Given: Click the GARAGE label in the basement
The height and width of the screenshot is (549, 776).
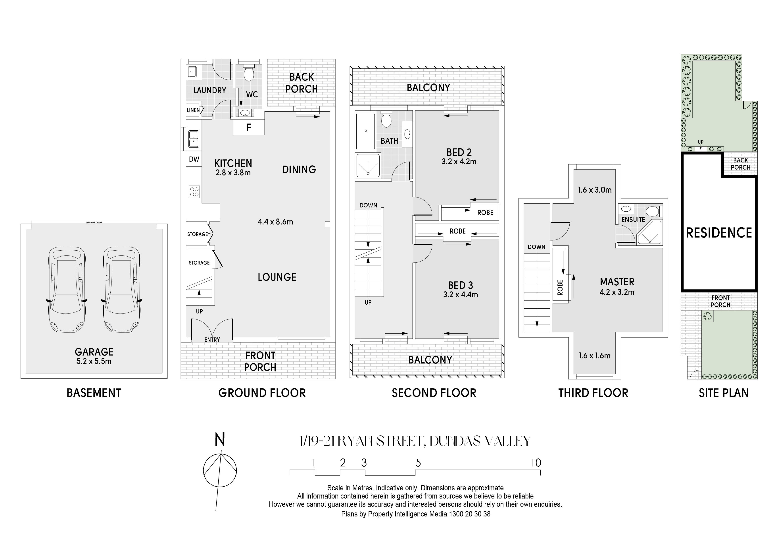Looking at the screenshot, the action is click(x=94, y=352).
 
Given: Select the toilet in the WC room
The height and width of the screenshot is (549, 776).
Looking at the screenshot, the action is click(x=249, y=73).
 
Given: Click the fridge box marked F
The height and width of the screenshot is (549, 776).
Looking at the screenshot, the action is click(x=249, y=127).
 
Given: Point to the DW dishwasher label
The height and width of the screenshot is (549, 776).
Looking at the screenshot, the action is click(x=194, y=159).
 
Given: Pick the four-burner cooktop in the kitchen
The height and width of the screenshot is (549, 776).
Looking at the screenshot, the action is click(x=194, y=192).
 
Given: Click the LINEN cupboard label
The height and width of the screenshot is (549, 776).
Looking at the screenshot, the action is click(x=193, y=110).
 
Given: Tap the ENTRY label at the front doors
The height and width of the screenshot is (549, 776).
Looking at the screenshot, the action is click(x=212, y=340).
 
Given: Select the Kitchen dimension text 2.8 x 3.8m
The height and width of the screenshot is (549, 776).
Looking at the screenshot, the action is click(x=233, y=173).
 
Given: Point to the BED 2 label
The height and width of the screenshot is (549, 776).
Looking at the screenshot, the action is click(x=459, y=152).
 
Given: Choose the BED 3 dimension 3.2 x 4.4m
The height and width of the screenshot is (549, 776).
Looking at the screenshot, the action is click(x=461, y=295).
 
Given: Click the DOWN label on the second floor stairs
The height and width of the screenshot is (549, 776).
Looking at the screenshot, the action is click(x=368, y=205).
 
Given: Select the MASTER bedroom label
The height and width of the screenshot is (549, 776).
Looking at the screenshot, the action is click(x=617, y=282).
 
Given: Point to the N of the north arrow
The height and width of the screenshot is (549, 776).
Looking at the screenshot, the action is click(x=220, y=440).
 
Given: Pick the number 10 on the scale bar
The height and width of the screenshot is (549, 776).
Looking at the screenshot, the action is click(x=536, y=463).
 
